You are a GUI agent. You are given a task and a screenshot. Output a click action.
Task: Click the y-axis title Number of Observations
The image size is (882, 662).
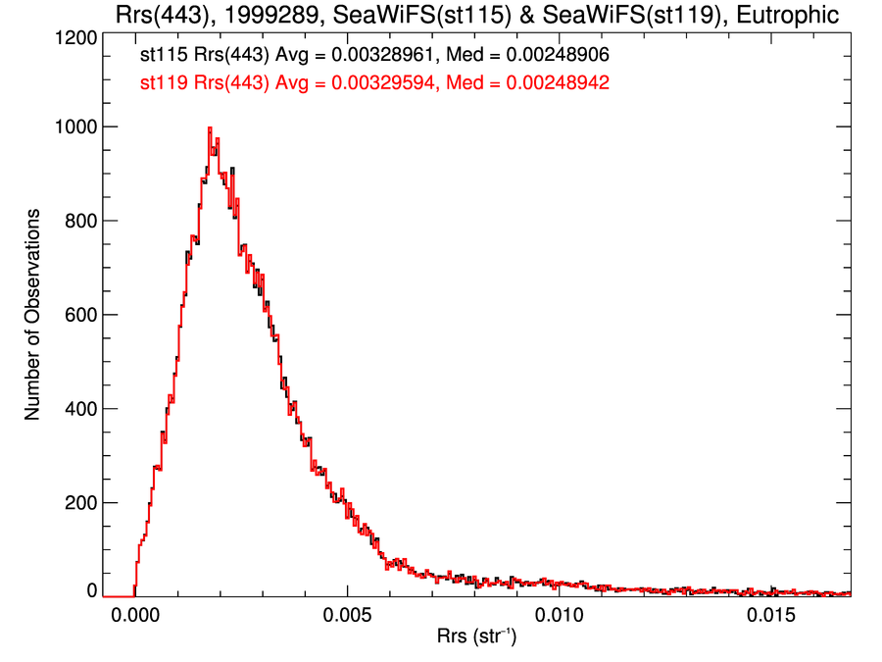click(33, 315)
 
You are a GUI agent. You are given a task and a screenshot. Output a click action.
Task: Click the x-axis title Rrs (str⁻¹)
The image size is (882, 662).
click(477, 639)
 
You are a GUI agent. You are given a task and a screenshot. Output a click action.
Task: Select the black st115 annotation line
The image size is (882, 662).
click(375, 58)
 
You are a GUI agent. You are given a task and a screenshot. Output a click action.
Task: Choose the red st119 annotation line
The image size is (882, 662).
click(375, 83)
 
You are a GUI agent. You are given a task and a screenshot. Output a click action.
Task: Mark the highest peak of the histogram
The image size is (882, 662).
click(209, 128)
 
